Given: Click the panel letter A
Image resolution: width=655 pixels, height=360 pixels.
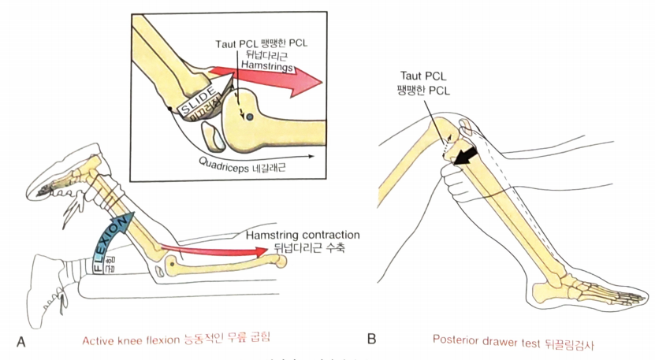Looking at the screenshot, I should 20,340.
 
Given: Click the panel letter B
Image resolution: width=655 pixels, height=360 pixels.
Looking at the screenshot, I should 371,340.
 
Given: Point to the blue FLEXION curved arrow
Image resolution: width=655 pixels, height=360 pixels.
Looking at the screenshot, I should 111,237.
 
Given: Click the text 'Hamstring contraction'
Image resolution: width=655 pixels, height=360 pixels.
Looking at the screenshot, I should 303,236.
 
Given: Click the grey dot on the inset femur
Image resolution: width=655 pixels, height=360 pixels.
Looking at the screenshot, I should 249,117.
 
